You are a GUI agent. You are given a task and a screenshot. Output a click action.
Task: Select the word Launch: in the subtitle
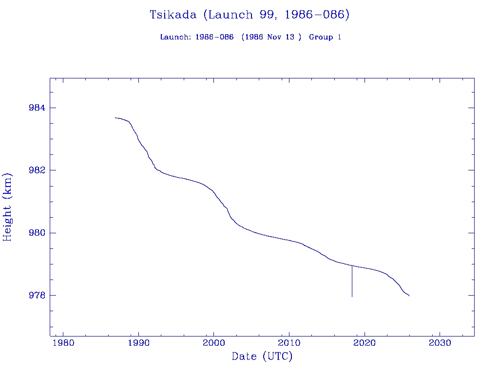coord(175,37)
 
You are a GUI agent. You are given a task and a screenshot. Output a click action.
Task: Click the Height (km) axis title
coord(8,207)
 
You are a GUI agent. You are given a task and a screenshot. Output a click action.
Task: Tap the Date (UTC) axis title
coord(262,357)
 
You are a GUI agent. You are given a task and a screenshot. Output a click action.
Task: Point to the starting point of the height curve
coord(115,117)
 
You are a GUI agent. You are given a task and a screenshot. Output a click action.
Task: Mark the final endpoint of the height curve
coord(409,296)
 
